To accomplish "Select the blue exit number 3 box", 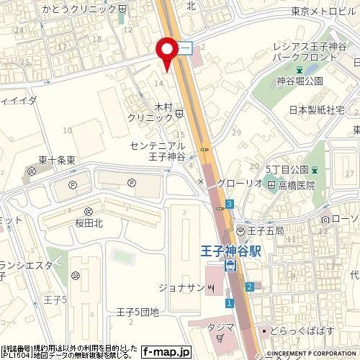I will click(x=229, y=204).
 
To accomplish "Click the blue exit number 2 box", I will click(x=249, y=287).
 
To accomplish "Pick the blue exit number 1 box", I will click(x=229, y=303).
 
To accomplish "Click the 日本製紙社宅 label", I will click(x=317, y=111).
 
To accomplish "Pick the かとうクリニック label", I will click(x=89, y=9).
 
